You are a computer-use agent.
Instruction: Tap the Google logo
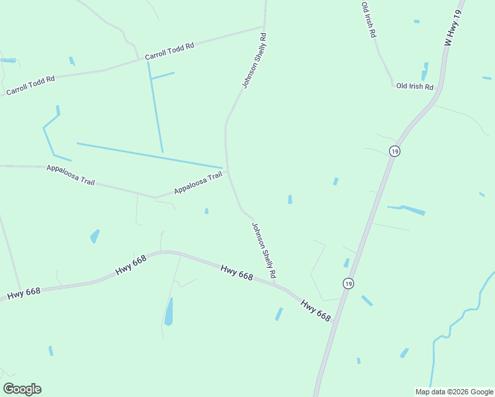pos(22,389)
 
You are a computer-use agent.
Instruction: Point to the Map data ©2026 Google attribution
pos(454,391)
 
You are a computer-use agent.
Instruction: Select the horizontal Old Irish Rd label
pos(414,87)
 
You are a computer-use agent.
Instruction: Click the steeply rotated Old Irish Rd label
pos(369,20)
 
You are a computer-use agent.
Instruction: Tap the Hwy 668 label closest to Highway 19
pos(316,311)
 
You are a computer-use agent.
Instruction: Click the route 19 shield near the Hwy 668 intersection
pos(348,283)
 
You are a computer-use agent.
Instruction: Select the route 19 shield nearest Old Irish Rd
pos(394,151)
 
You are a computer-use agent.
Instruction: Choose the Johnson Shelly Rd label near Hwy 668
pos(263,249)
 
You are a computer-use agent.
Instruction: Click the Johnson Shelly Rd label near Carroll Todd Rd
pos(253,61)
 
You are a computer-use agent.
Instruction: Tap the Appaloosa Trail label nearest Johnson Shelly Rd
pos(198,184)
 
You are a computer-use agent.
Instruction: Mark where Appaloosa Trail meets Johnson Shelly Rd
pos(228,171)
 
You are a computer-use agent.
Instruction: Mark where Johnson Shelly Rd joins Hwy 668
pos(275,284)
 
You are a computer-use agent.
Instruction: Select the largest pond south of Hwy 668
pos(169,312)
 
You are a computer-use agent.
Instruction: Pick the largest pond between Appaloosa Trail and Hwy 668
pos(95,236)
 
